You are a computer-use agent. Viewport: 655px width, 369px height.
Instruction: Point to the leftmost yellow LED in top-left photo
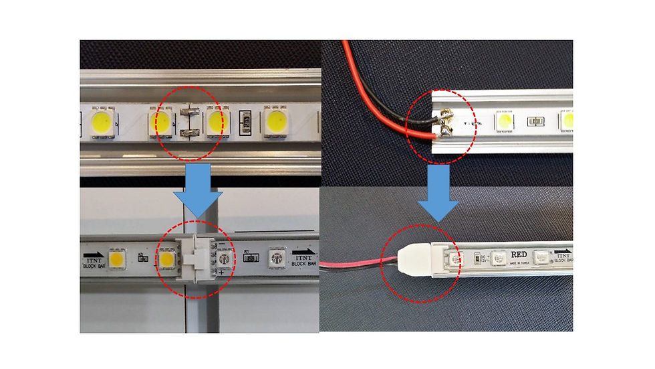[102, 123]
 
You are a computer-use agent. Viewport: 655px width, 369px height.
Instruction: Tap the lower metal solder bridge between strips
[187, 135]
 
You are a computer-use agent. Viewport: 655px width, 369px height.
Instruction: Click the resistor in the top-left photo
[245, 123]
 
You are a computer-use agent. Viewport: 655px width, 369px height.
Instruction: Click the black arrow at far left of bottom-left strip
[93, 254]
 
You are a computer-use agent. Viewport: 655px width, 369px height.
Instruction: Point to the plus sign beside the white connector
[220, 273]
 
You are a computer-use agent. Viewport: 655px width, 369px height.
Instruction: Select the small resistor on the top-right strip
[534, 122]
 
